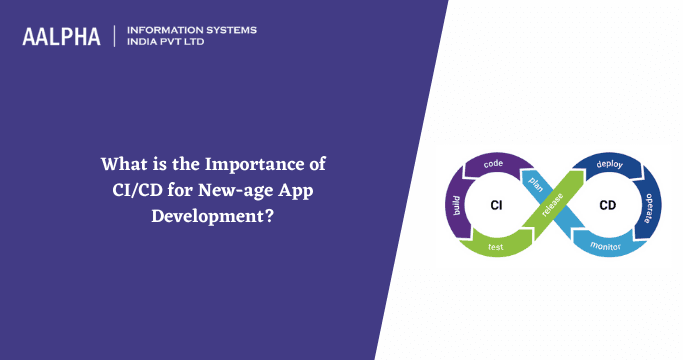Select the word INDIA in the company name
(x=145, y=43)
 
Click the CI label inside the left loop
(x=496, y=206)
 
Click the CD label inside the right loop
(x=607, y=206)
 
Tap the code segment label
(x=492, y=162)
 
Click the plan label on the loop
(x=537, y=180)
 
